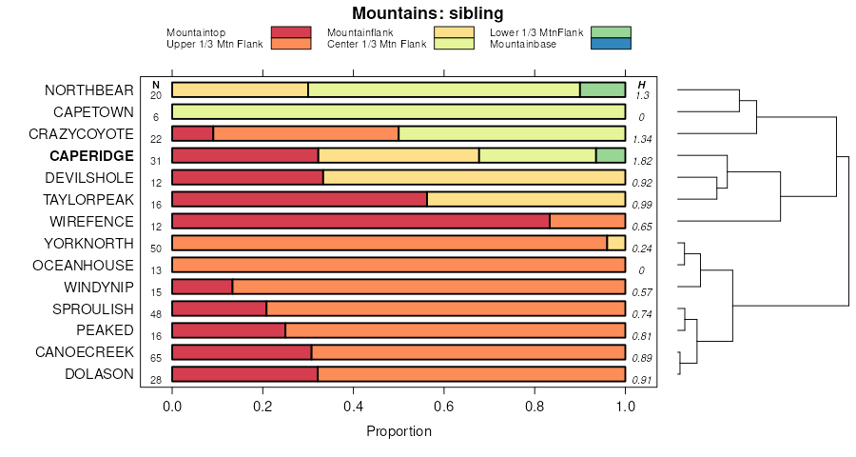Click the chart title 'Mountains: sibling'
pos(427,13)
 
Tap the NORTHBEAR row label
pos(89,90)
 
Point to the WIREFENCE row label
pos(92,222)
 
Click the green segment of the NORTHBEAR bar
pos(602,90)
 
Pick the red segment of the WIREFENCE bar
pos(360,222)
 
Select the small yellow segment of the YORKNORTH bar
pos(615,243)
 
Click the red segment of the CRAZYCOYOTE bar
pos(192,133)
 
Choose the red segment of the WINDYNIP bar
pos(202,287)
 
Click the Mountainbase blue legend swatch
pos(610,44)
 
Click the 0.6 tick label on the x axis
pos(444,406)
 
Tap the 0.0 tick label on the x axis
pos(172,406)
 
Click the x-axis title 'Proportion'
pos(399,431)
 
